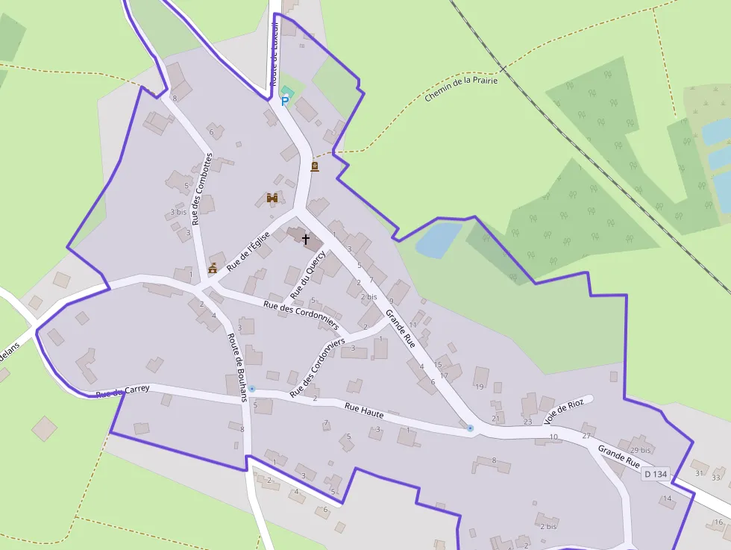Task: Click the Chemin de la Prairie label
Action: click(461, 88)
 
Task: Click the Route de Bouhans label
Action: click(237, 367)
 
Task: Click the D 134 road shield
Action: click(656, 474)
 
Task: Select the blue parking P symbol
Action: click(284, 100)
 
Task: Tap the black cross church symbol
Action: click(305, 239)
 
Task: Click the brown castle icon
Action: click(272, 198)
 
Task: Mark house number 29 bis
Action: click(640, 451)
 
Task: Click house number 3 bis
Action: click(178, 212)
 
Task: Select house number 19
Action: click(479, 387)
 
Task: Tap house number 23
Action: click(528, 422)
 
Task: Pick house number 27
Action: click(586, 435)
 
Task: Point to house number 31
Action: click(699, 473)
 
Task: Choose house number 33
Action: click(716, 478)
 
